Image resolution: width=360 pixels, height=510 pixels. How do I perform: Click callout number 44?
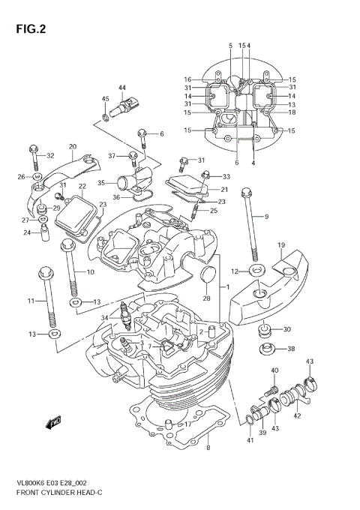tap(121, 88)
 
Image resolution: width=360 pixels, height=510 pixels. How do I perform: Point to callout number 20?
tap(73, 146)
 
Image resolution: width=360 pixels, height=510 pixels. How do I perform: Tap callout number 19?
tap(281, 245)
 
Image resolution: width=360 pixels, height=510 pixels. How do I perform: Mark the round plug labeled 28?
tap(209, 275)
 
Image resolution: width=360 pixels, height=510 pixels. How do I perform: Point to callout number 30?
tap(287, 329)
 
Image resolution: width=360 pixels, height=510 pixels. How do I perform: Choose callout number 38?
tap(291, 349)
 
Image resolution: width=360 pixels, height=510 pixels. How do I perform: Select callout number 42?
tap(297, 415)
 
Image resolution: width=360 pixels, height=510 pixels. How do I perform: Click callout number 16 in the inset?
tap(188, 79)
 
